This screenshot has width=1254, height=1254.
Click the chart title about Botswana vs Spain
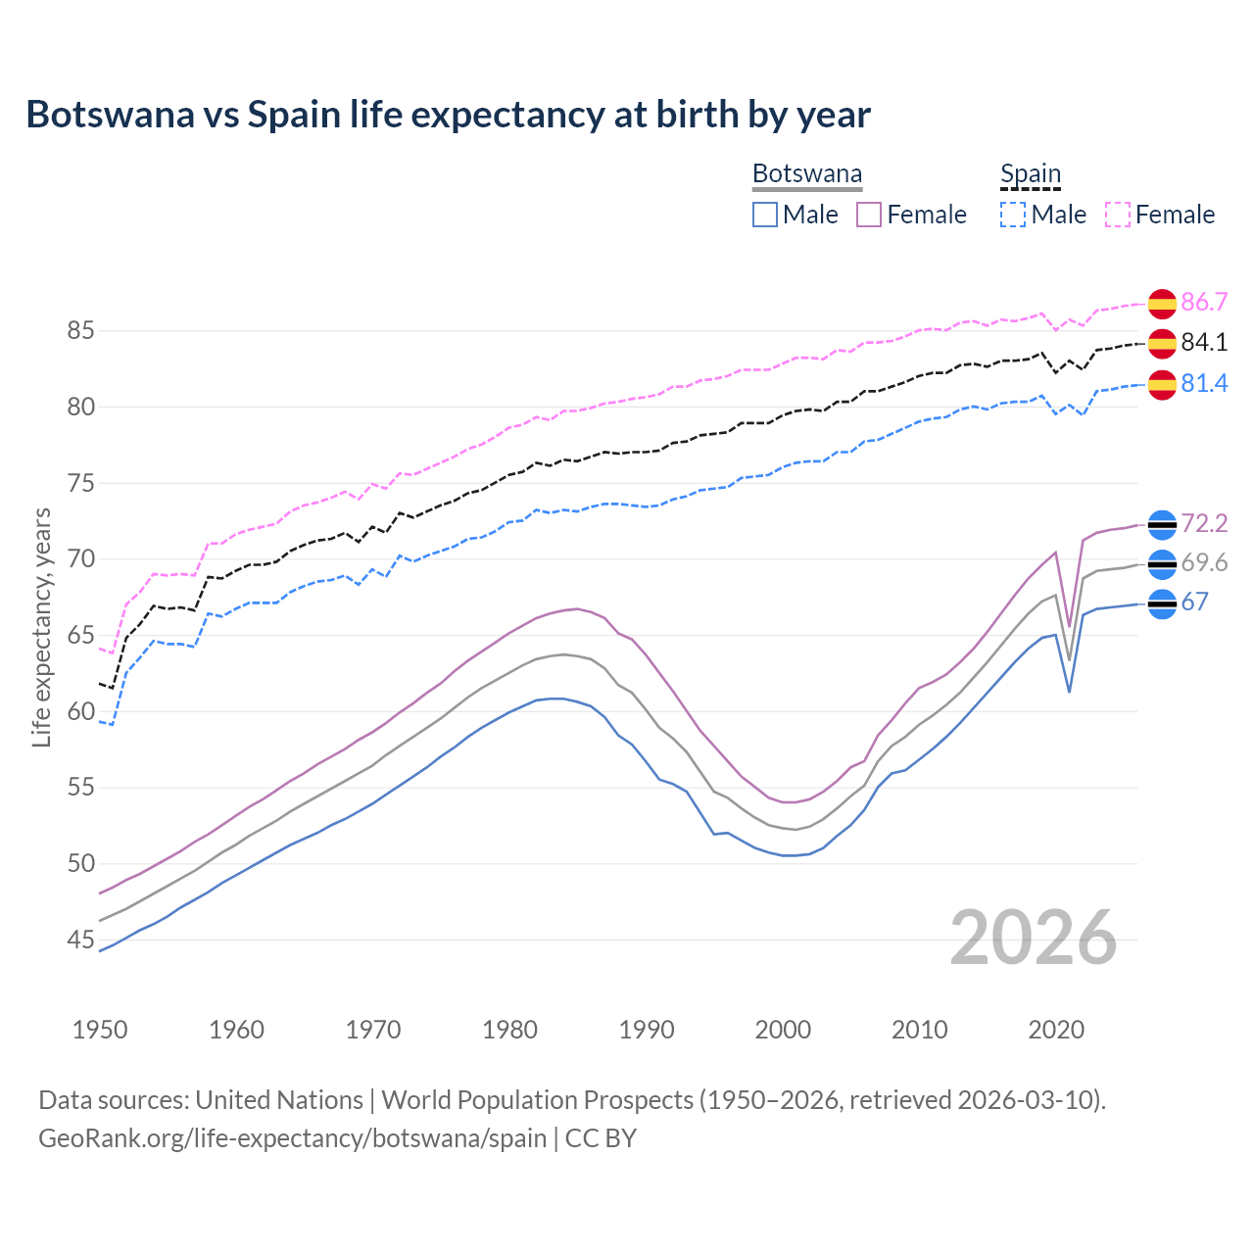point(448,115)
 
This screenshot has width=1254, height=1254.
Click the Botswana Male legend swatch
point(765,215)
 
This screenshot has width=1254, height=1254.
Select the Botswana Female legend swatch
point(869,215)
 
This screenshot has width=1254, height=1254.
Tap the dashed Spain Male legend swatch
point(1013,215)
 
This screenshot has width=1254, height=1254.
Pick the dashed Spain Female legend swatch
point(1118,215)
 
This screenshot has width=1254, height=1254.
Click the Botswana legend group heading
point(807,174)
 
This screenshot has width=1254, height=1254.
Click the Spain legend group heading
point(1031,174)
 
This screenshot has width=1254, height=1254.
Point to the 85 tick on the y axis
point(80,331)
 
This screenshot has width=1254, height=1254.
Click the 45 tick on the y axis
point(80,940)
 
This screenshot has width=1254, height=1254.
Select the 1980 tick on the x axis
point(509,1030)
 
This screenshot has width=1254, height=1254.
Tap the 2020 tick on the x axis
point(1056,1030)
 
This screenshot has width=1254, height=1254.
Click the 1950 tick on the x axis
point(100,1030)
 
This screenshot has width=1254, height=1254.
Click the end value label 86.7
point(1204,303)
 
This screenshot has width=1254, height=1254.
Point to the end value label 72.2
point(1204,524)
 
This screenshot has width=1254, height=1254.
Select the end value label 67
point(1194,603)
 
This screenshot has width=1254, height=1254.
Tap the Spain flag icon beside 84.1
point(1162,343)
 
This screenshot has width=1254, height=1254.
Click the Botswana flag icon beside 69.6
point(1162,564)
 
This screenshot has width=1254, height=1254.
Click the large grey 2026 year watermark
point(1034,938)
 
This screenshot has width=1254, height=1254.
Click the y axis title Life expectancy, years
point(42,627)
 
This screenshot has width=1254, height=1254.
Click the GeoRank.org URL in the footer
point(292,1138)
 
